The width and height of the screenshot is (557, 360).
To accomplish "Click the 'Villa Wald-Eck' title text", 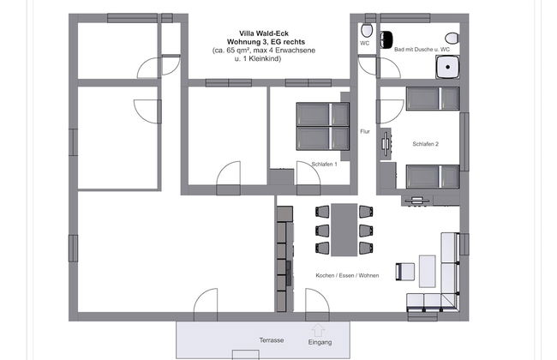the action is (x=264, y=33).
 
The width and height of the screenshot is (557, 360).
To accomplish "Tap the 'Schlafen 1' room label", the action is (x=324, y=165).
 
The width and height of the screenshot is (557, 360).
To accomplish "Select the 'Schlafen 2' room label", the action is (x=425, y=144).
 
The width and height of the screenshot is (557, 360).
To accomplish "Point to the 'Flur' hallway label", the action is (x=365, y=131).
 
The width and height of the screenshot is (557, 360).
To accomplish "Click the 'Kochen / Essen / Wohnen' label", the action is (x=347, y=275).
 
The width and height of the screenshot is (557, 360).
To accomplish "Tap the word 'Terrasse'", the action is (x=272, y=340).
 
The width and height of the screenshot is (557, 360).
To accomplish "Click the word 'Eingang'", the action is (x=320, y=342).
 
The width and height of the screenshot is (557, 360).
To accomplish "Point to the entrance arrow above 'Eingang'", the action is (x=318, y=330).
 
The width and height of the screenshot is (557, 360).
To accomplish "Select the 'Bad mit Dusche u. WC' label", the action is (x=422, y=50).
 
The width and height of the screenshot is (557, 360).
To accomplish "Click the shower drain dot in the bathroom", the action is (x=448, y=67).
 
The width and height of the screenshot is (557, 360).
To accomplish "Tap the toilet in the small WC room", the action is (x=367, y=31).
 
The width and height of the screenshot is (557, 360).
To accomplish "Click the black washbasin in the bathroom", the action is (x=386, y=39).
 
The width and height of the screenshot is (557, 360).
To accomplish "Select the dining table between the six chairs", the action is (x=344, y=230).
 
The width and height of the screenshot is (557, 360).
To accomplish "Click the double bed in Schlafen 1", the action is (x=323, y=126).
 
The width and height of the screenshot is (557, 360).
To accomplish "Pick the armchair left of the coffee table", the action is (x=405, y=272).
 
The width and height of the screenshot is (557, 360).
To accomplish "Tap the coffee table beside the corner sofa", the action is (x=427, y=271).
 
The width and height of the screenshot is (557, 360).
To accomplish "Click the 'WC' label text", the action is (x=364, y=44).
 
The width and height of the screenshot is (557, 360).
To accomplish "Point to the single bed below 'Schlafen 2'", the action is (x=433, y=177).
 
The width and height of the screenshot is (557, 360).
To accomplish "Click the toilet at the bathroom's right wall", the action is (x=452, y=38).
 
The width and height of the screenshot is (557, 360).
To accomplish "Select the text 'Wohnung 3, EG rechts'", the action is (x=266, y=42).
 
